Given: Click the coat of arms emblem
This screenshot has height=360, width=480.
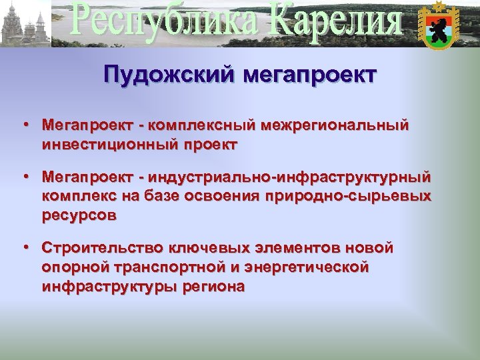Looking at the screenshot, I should [437, 25].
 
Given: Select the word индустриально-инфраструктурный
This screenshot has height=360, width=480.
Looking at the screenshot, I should [291, 178].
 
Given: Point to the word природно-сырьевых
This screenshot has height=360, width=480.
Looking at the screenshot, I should [348, 197].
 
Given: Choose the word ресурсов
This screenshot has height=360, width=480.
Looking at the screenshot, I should [79, 215].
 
